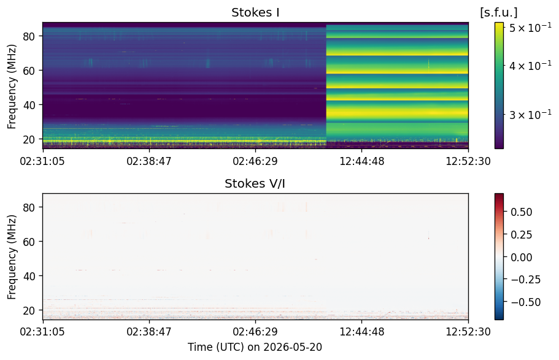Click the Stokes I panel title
click(x=255, y=12)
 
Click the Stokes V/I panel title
click(x=255, y=183)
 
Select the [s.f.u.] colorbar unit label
click(x=499, y=12)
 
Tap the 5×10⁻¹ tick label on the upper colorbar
click(x=530, y=27)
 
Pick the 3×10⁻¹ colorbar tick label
click(x=530, y=115)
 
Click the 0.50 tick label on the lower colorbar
click(x=521, y=212)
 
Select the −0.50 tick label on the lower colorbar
click(x=525, y=302)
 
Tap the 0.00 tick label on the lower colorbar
click(x=521, y=258)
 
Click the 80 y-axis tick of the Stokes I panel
click(x=29, y=36)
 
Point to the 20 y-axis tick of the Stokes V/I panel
click(x=29, y=310)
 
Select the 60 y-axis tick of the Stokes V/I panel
click(x=29, y=242)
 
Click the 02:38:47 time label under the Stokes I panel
click(x=149, y=161)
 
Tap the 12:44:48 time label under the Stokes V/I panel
click(x=362, y=332)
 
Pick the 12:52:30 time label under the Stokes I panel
click(x=468, y=161)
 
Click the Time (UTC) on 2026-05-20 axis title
click(x=255, y=347)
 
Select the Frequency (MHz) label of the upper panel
click(x=12, y=86)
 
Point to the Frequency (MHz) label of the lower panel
click(x=12, y=257)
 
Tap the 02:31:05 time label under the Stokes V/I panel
click(x=42, y=332)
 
